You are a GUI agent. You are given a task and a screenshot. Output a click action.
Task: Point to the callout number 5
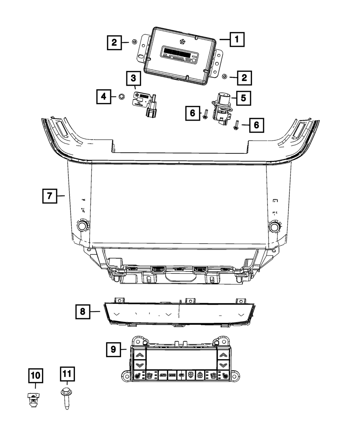[243, 98]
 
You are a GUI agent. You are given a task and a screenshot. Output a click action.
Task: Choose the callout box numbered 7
[49, 196]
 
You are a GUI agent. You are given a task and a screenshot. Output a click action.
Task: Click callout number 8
[83, 311]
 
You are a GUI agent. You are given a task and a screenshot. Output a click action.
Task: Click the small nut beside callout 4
[121, 96]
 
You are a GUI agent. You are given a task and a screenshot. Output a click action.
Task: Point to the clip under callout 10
[33, 399]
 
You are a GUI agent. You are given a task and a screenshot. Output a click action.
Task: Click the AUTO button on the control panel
[162, 375]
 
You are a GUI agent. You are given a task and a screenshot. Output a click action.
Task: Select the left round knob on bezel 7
[82, 226]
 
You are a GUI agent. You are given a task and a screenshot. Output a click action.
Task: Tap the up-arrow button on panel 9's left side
[139, 356]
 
